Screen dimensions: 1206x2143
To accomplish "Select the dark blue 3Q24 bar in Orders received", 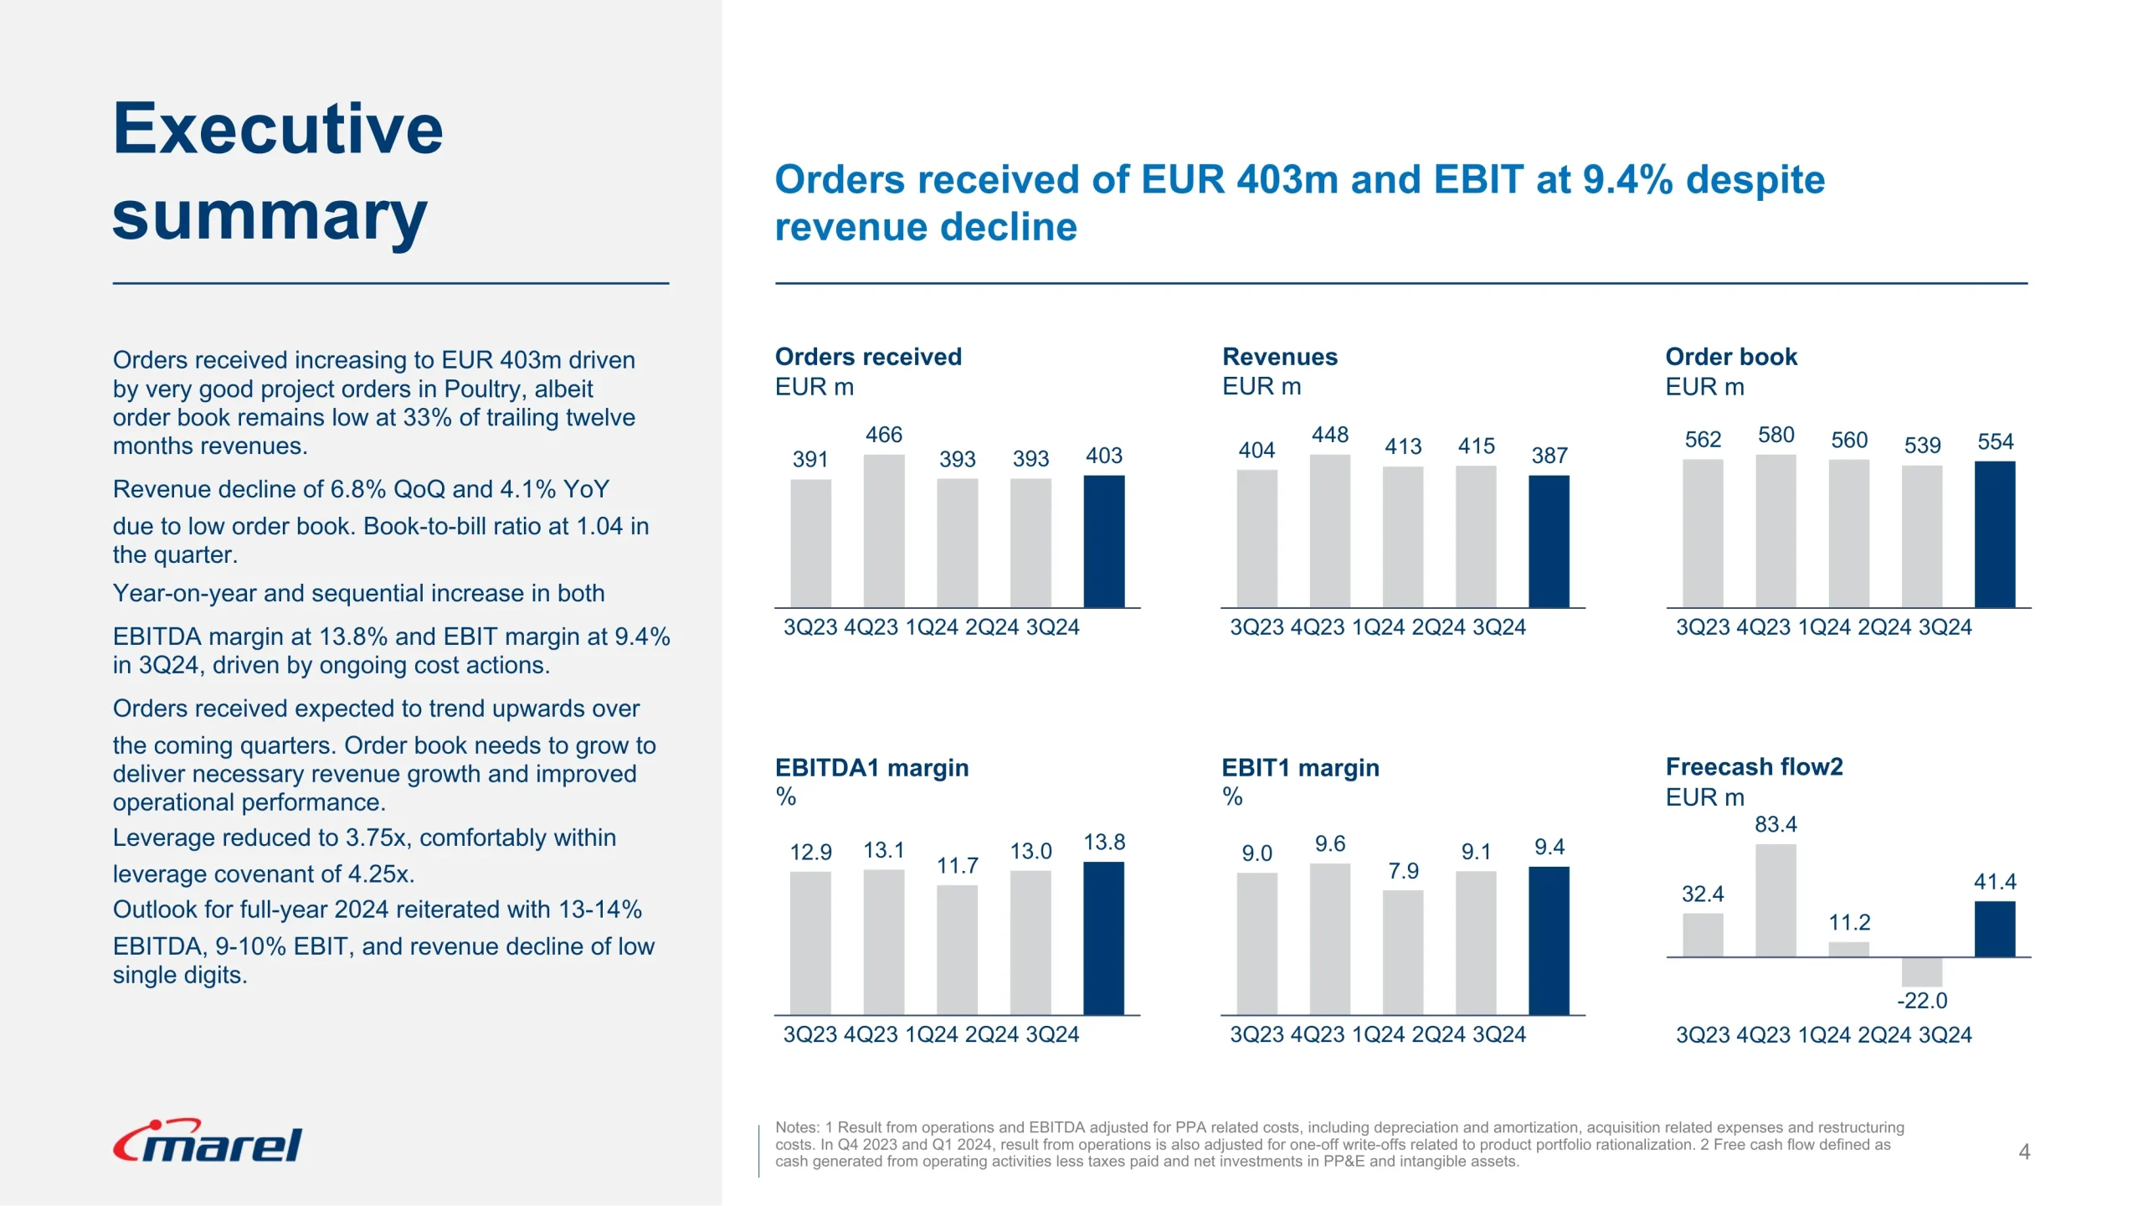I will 1103,541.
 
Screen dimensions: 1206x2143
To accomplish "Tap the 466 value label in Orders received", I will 883,435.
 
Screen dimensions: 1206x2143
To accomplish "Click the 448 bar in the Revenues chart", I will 1329,531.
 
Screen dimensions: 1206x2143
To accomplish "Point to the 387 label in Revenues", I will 1549,456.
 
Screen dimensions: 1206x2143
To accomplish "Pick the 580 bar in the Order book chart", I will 1776,531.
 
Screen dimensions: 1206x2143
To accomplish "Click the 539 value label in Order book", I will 1922,446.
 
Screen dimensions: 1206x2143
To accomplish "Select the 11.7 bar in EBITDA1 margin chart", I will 957,950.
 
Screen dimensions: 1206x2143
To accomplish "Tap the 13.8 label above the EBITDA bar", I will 1103,843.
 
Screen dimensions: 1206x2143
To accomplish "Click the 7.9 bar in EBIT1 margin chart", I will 1403,952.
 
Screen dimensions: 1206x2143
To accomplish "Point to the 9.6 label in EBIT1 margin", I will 1329,844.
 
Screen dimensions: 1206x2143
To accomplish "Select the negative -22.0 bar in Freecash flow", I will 1922,972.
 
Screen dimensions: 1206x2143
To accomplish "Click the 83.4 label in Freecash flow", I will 1776,825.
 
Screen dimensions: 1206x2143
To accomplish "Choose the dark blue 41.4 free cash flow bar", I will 1995,929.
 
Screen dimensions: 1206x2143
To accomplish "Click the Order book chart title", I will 1730,357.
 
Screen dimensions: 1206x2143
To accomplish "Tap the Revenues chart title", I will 1279,357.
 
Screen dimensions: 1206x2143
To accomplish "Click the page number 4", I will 2024,1152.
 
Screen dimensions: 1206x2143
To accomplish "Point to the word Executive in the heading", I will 278,129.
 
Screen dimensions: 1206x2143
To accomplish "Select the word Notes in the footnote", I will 795,1128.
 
